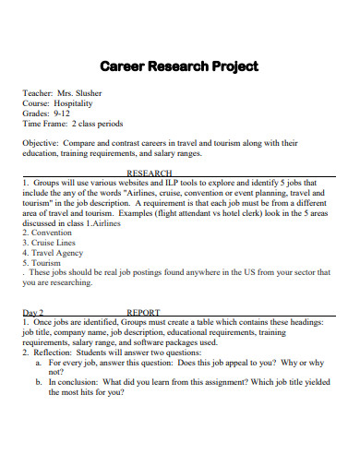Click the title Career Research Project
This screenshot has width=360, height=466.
179,66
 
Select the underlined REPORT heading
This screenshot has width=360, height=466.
143,312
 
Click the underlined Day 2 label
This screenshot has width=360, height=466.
33,312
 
